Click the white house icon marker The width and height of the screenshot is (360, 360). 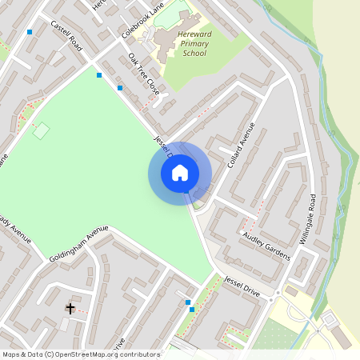[x=180, y=173]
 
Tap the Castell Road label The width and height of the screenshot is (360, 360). [x=66, y=36]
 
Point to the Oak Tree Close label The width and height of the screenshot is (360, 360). [x=144, y=74]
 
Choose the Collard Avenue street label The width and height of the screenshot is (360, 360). [x=240, y=144]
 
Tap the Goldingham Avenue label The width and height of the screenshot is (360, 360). [x=78, y=238]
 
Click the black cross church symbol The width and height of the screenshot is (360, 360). [x=70, y=308]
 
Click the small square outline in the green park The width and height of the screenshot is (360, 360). [x=42, y=130]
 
